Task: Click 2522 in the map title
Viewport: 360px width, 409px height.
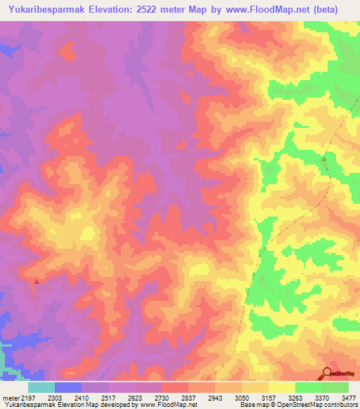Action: coord(156,10)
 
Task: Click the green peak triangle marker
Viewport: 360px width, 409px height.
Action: coord(324,159)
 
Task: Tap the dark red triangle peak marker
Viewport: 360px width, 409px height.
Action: coord(36,281)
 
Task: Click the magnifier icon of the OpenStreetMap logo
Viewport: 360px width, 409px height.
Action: coord(328,373)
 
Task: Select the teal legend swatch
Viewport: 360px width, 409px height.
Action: coord(41,387)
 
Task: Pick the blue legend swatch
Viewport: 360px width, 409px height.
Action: coord(68,387)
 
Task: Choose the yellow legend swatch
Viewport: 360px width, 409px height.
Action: coord(282,387)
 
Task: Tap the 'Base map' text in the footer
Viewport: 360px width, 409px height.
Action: coord(253,405)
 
